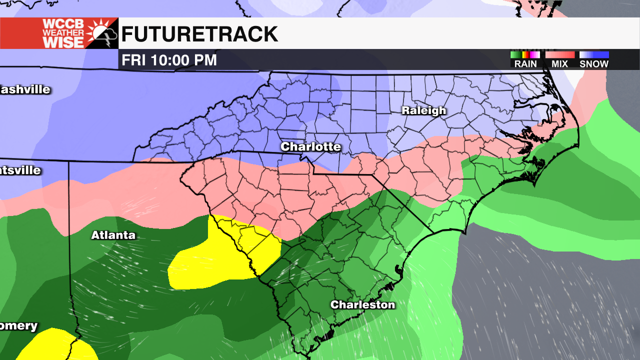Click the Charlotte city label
310,147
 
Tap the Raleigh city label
424,111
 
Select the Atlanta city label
113,235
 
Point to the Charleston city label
362,304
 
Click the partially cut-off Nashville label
25,90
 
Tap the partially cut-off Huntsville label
20,170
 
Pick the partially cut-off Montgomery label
18,326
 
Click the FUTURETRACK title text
199,34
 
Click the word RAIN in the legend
525,64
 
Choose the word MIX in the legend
559,64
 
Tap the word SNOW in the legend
594,64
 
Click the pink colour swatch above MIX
559,55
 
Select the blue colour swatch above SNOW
594,55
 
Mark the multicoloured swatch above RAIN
525,55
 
